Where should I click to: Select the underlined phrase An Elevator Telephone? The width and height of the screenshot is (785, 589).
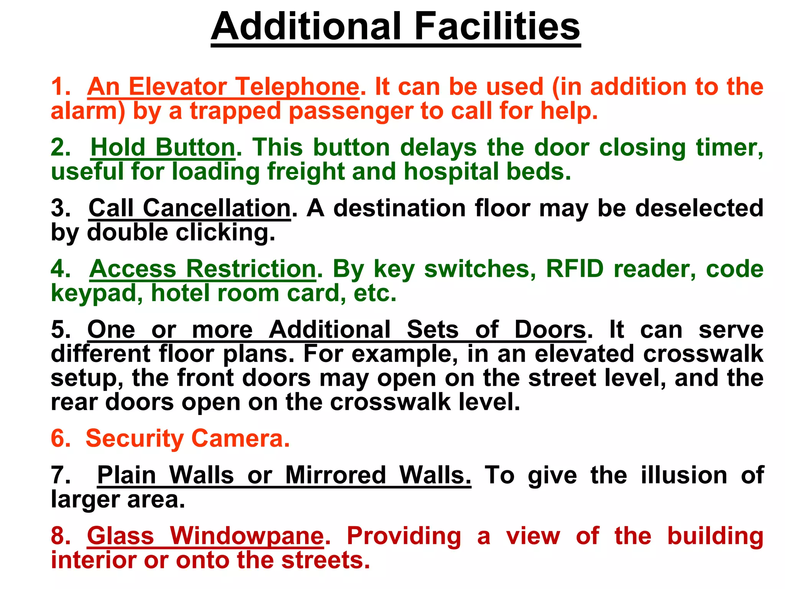coord(223,87)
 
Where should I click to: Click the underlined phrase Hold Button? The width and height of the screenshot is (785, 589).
coord(163,148)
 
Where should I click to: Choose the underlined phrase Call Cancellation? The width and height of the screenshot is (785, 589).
coord(190,208)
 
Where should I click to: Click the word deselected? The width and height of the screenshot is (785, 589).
coord(699,208)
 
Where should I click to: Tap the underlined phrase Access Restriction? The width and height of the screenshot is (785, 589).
coord(203,269)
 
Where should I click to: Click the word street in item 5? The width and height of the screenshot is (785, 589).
coord(562,378)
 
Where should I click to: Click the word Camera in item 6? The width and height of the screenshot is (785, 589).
coord(240,438)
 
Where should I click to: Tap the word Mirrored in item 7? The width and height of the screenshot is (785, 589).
coord(335,475)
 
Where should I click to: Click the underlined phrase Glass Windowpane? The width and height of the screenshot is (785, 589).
coord(205,536)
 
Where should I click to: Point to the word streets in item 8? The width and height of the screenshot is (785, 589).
coord(325,560)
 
